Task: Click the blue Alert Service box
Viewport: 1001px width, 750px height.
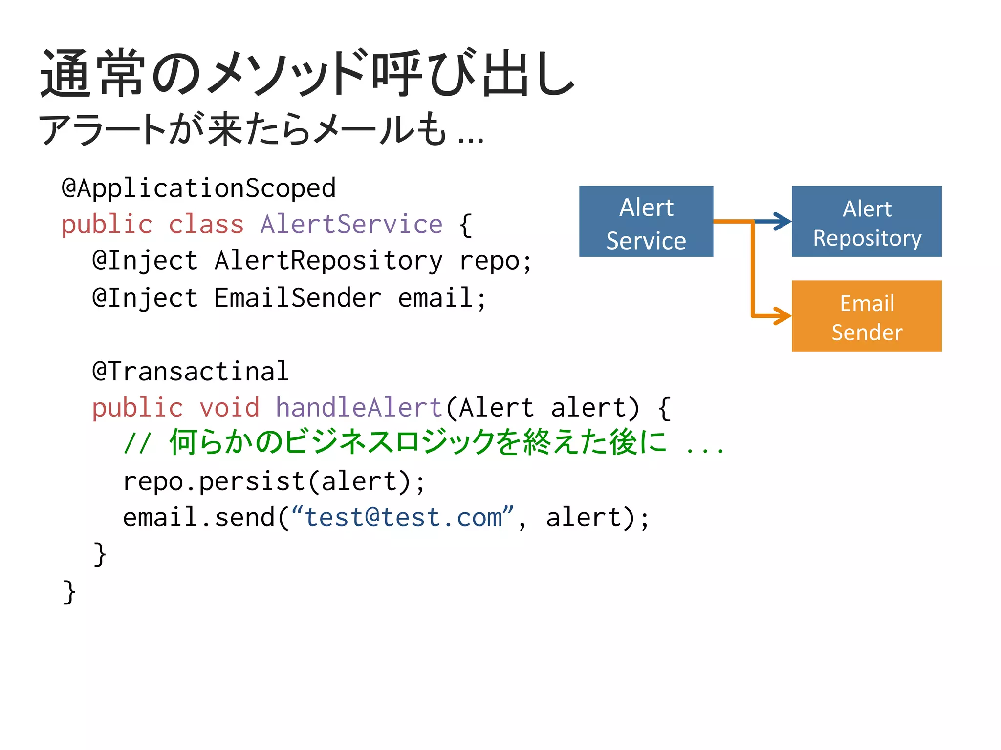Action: pyautogui.click(x=646, y=221)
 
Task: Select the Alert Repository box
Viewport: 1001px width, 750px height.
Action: pyautogui.click(x=866, y=221)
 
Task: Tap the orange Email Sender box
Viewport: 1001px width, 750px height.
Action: pyautogui.click(x=866, y=316)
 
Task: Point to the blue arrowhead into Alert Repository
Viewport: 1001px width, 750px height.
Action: pyautogui.click(x=783, y=221)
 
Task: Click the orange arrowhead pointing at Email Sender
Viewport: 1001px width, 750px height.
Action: pyautogui.click(x=783, y=316)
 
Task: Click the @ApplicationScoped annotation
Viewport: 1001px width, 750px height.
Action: pyautogui.click(x=198, y=188)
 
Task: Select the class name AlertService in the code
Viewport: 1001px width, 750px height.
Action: pyautogui.click(x=351, y=225)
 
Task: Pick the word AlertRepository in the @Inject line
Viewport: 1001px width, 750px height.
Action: pyautogui.click(x=328, y=260)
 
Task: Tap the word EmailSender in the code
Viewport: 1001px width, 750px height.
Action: pyautogui.click(x=297, y=298)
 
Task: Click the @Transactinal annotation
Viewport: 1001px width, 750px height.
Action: pyautogui.click(x=191, y=371)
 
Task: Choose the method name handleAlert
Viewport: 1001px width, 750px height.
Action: pyautogui.click(x=359, y=408)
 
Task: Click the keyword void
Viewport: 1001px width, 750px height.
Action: pyautogui.click(x=229, y=408)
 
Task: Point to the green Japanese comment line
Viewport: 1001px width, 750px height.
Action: pyautogui.click(x=420, y=442)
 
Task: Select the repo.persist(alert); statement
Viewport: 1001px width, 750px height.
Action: pyautogui.click(x=274, y=481)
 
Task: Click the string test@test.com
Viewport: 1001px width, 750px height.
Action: pyautogui.click(x=403, y=518)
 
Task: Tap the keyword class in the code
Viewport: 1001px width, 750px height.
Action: pyautogui.click(x=206, y=225)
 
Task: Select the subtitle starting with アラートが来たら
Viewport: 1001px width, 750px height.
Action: pyautogui.click(x=261, y=130)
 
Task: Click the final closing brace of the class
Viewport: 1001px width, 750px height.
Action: pyautogui.click(x=69, y=592)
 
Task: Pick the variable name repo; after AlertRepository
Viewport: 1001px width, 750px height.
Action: pyautogui.click(x=495, y=260)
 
